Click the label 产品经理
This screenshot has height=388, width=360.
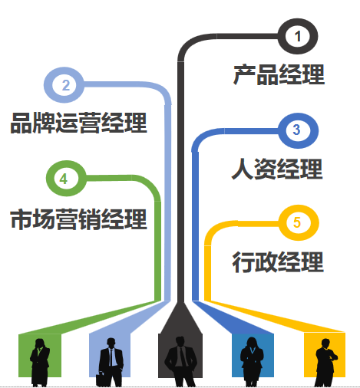279,75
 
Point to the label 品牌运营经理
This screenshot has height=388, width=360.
79,123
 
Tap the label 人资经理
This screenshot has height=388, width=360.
277,169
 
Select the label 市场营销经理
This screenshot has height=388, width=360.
79,219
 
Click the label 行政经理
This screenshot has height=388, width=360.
278,262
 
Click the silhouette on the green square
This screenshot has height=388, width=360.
40,363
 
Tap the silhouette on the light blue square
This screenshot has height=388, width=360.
111,362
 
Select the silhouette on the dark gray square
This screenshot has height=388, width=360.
180,361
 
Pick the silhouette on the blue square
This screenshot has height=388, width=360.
252,362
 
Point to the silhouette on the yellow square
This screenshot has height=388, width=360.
325,363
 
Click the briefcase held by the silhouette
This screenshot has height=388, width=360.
101,380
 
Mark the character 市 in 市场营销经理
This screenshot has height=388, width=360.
21,219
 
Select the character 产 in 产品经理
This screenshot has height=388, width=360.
244,75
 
